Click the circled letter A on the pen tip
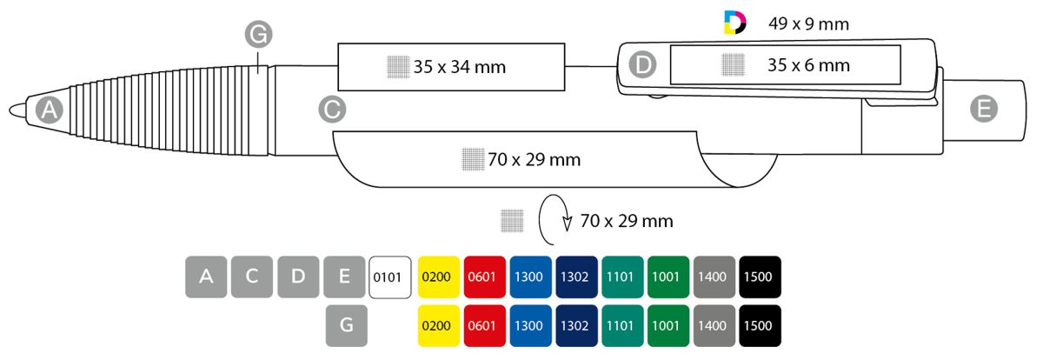coord(49,110)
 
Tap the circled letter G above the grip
coord(258,36)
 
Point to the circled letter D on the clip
coord(642,63)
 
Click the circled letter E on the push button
coord(983,109)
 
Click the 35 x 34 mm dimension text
coord(459,67)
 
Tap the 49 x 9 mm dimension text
coord(808,24)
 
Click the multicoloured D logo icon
coord(734,23)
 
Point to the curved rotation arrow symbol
coord(555,223)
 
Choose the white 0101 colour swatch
coord(390,277)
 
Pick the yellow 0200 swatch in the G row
coord(437,326)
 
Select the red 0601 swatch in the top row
coord(483,277)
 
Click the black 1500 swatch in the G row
coord(760,326)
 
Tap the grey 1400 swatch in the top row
coord(714,277)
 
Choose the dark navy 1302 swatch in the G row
coord(575,326)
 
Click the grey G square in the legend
coord(344,326)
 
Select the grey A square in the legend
coord(206,277)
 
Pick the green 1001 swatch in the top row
coord(668,277)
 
